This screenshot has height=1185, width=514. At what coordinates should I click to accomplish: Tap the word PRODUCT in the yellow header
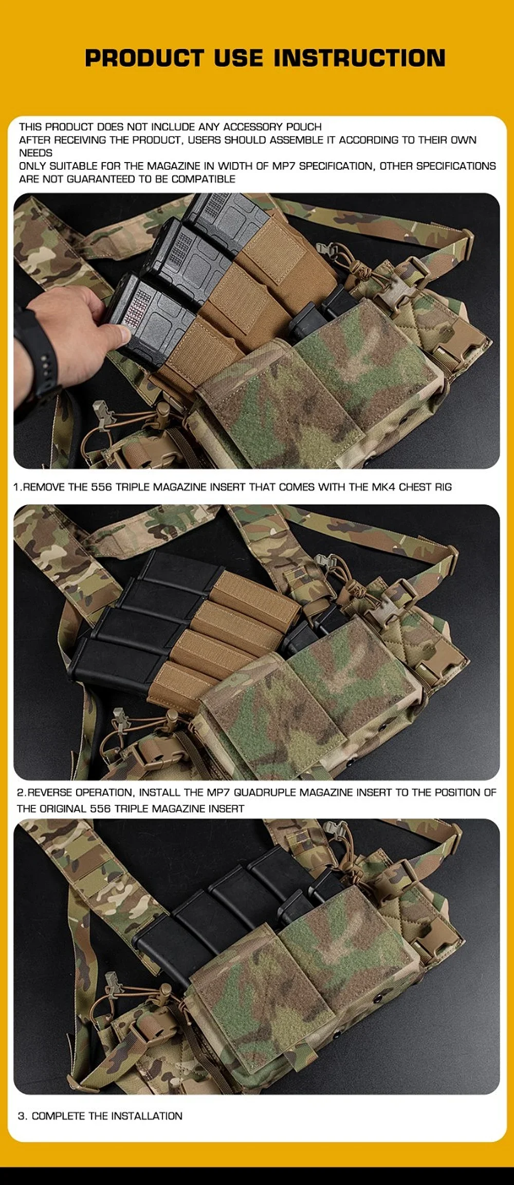[144, 58]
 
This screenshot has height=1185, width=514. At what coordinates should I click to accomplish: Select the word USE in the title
[239, 58]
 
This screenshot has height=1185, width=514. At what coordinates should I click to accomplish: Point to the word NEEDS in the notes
[35, 153]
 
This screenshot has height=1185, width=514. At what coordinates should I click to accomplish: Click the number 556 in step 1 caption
[101, 487]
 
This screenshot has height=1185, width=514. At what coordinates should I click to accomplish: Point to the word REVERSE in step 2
[49, 792]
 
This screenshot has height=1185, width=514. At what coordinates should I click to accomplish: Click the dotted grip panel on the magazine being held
[135, 308]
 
